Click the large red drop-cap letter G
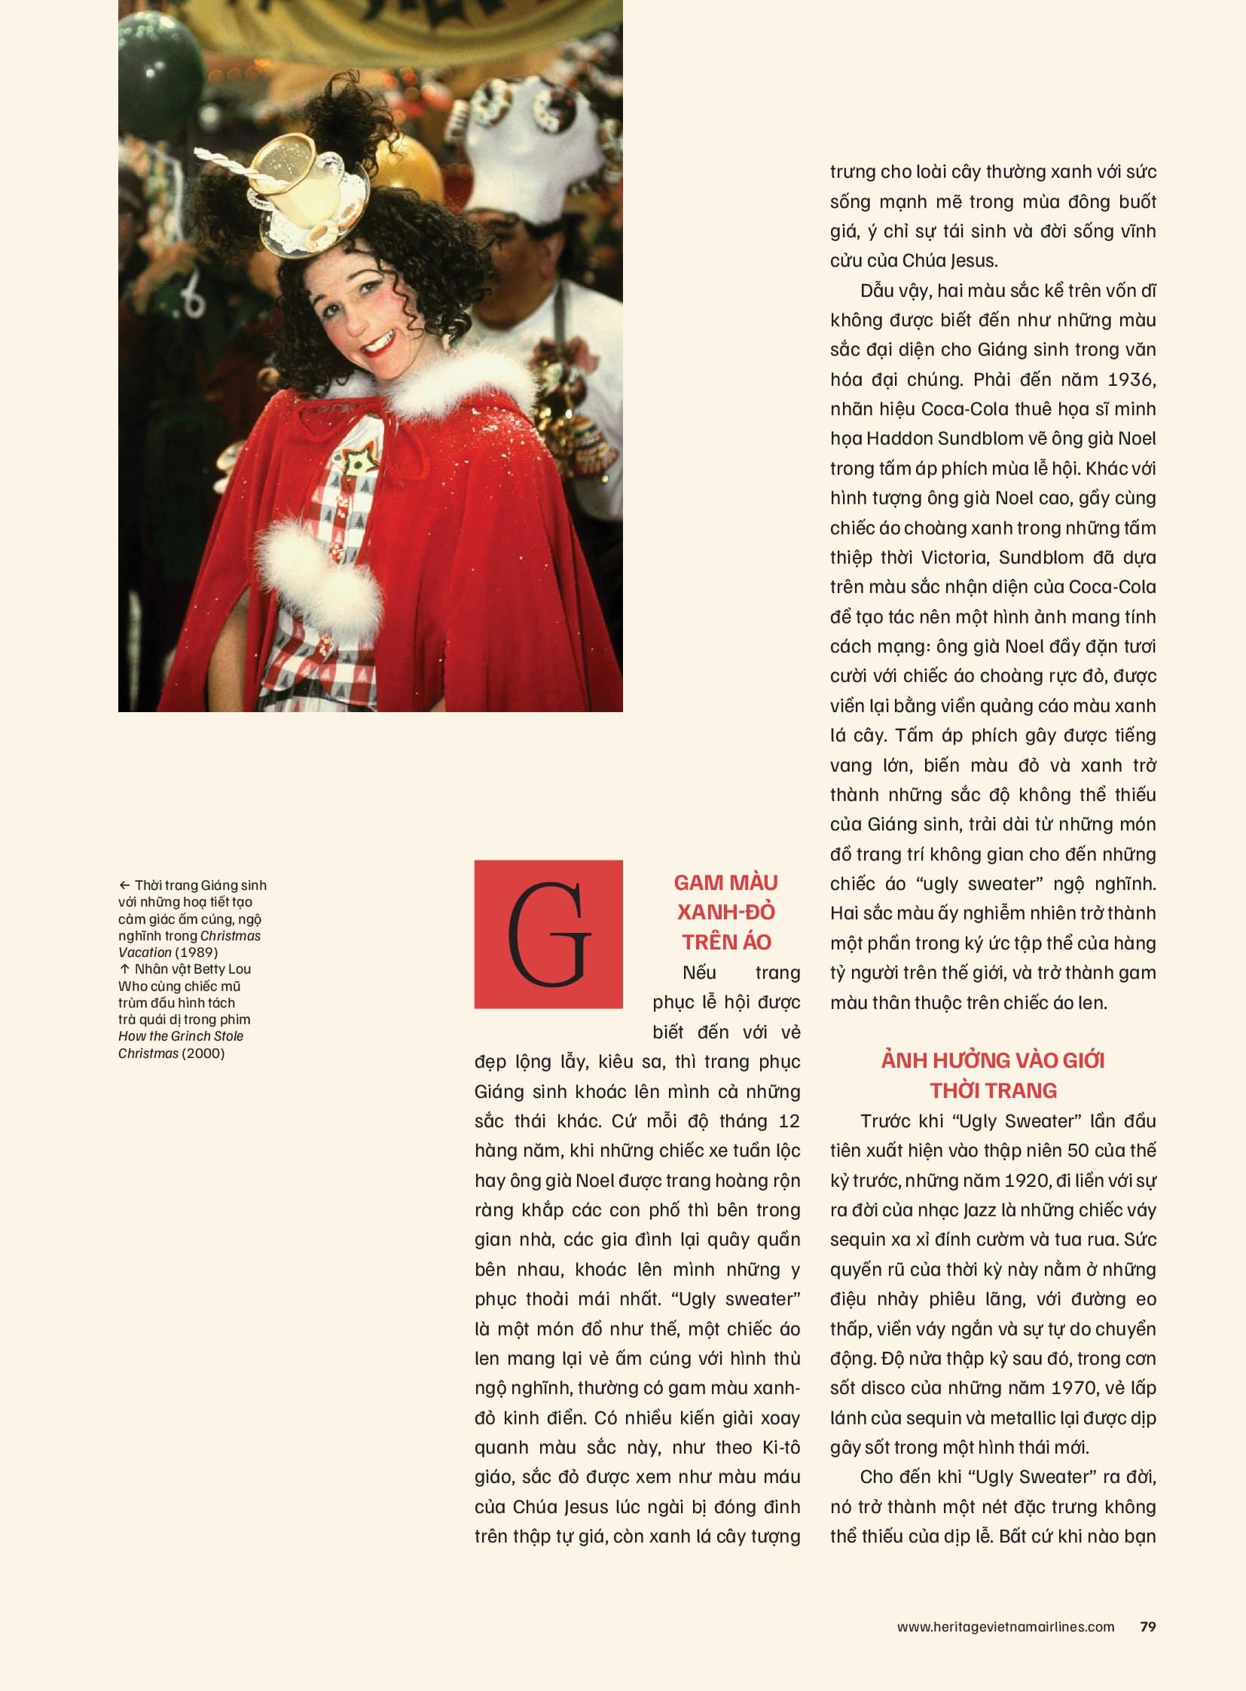coord(548,934)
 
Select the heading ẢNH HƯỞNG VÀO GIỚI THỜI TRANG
coord(993,1075)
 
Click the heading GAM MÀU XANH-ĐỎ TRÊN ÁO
coord(725,912)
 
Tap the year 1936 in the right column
coord(1131,379)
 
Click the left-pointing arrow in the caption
coord(124,885)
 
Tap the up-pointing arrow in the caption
coord(124,969)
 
